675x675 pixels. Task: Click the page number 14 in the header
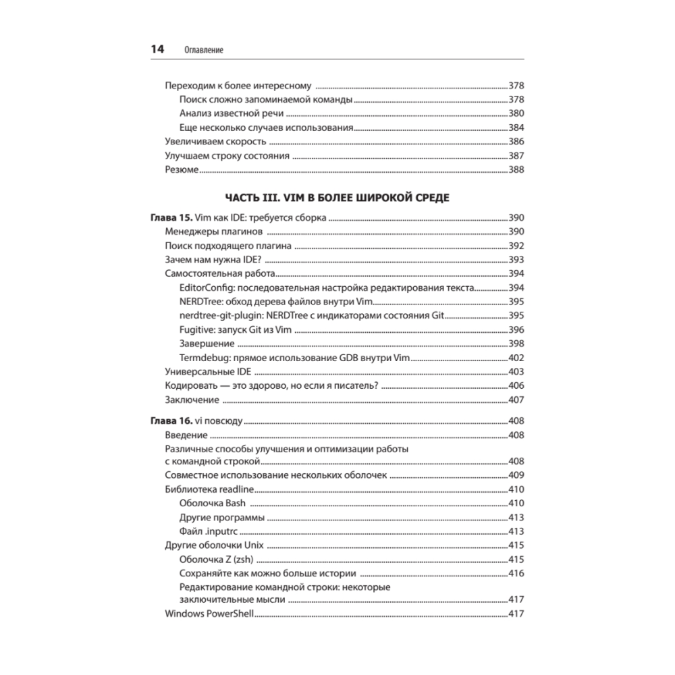click(x=157, y=50)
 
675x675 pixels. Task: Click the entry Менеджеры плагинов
click(x=209, y=232)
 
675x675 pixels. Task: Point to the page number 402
click(x=516, y=358)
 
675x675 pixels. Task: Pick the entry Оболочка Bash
click(x=213, y=504)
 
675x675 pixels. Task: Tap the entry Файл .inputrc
click(x=209, y=531)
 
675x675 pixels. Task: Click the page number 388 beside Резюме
click(x=516, y=170)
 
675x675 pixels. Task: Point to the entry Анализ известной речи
click(x=231, y=113)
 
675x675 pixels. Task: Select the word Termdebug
click(x=205, y=358)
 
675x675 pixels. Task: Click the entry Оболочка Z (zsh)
click(x=217, y=560)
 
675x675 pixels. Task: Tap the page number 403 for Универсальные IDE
click(x=516, y=372)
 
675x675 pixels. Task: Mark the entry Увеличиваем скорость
click(x=216, y=142)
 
